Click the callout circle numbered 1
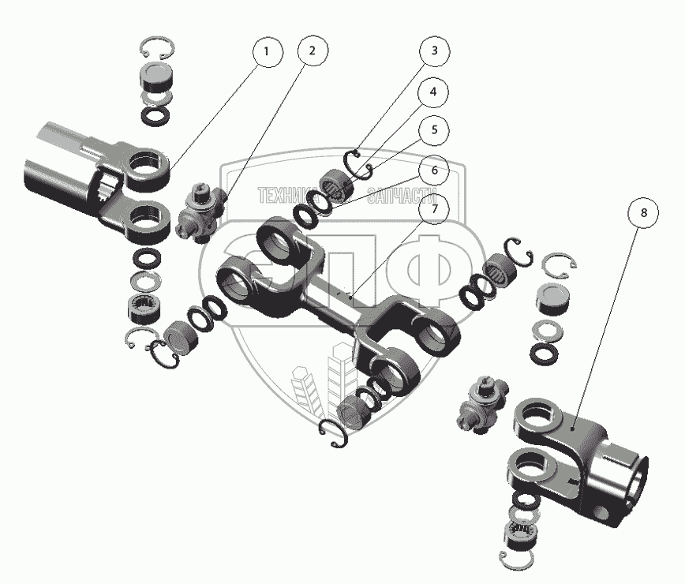[268, 52]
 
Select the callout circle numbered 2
[312, 51]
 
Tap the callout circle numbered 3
[434, 51]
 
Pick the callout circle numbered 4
[433, 92]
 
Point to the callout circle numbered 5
[434, 129]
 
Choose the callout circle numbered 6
[434, 170]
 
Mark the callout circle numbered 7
[434, 208]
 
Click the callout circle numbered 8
[643, 212]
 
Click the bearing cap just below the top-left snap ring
[156, 76]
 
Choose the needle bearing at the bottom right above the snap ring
[520, 533]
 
